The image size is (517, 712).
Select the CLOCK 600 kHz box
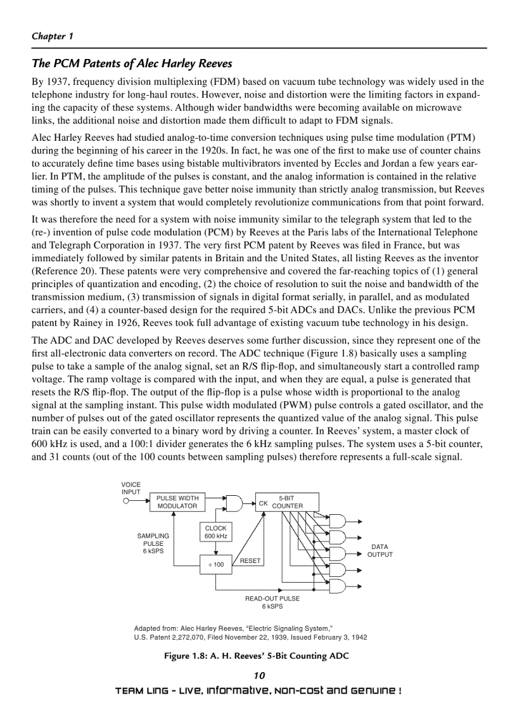pos(215,532)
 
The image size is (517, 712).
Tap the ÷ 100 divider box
pos(215,564)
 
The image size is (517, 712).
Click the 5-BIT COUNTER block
pos(281,502)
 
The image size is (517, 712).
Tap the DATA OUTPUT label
pos(380,550)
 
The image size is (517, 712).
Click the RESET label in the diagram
pos(250,560)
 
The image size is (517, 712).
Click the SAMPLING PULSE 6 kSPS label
pos(153,543)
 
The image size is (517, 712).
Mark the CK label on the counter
pos(263,503)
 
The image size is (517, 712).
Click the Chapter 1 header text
pos(53,36)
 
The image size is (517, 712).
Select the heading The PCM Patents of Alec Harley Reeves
pos(132,63)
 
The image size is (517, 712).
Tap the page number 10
pos(258,675)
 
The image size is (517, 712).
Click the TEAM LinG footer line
pos(258,690)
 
